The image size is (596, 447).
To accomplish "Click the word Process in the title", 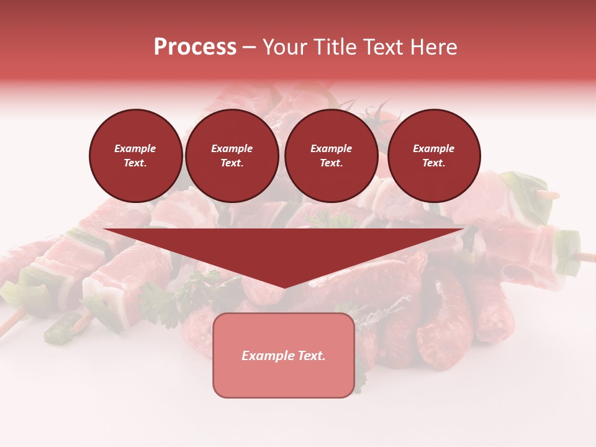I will pyautogui.click(x=195, y=47).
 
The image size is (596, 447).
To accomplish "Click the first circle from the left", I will pyautogui.click(x=135, y=156).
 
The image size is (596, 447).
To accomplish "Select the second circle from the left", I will pyautogui.click(x=232, y=156).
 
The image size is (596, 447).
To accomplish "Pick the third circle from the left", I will pyautogui.click(x=331, y=156).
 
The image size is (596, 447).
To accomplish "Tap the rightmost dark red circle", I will pyautogui.click(x=433, y=156).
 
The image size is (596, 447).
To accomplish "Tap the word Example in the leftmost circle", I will pyautogui.click(x=135, y=148).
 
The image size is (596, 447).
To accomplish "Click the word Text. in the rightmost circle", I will pyautogui.click(x=433, y=163).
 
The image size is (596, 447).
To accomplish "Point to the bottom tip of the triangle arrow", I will pyautogui.click(x=284, y=286).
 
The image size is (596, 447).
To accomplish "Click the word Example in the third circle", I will pyautogui.click(x=331, y=148).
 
